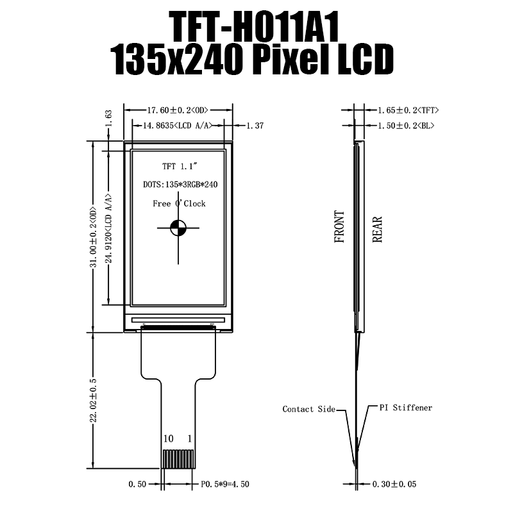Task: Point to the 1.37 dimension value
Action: (255, 126)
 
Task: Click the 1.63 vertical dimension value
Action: (108, 118)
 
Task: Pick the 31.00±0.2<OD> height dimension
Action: (94, 237)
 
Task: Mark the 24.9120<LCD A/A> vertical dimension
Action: (109, 228)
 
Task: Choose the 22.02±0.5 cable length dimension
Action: (94, 400)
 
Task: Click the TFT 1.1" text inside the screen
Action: (178, 167)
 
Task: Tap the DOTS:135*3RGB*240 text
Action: (180, 185)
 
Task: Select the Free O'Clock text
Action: (179, 203)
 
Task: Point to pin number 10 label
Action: (169, 439)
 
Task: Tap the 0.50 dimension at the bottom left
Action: (136, 484)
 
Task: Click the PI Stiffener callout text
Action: (405, 408)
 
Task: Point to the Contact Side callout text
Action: (308, 409)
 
